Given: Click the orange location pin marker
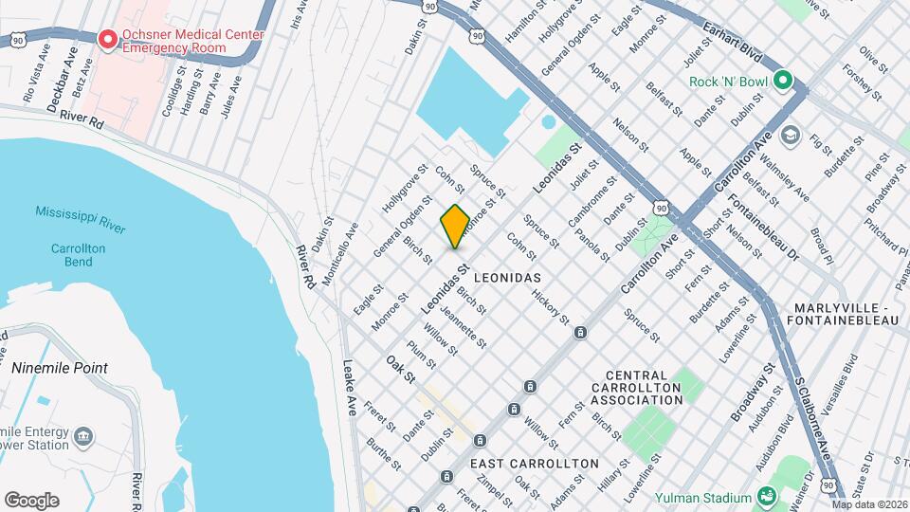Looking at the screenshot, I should coord(455,226).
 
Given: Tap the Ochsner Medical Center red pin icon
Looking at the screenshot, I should coord(108,40).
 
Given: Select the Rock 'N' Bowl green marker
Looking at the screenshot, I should coord(782,82).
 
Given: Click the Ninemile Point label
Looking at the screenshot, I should coord(59,368).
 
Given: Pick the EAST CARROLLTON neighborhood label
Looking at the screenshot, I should coord(535,464).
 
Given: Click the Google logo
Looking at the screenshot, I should coord(31,501).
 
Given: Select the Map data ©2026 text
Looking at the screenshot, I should coord(869,505).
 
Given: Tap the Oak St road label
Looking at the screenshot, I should coord(401,369).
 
